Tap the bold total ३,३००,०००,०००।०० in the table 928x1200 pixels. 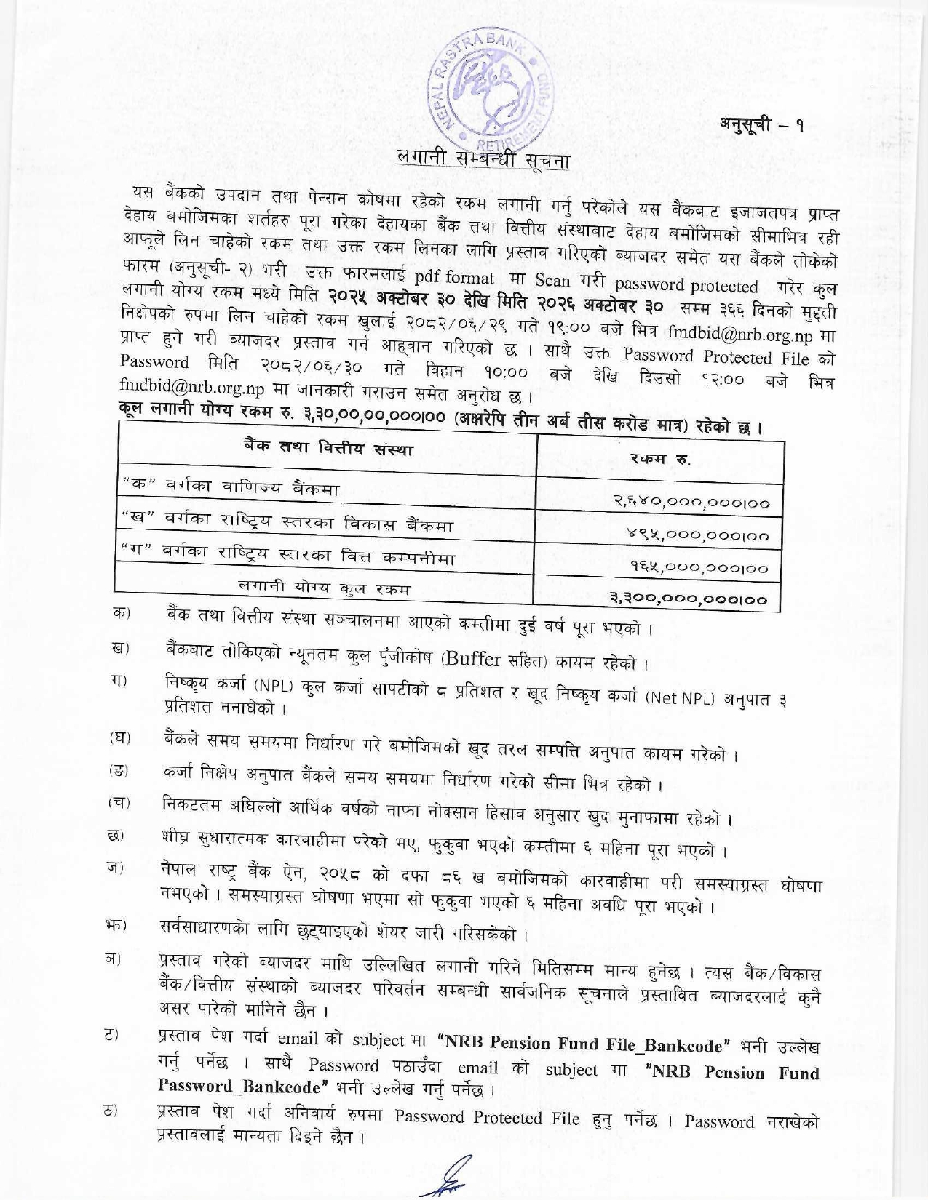[x=688, y=600]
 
